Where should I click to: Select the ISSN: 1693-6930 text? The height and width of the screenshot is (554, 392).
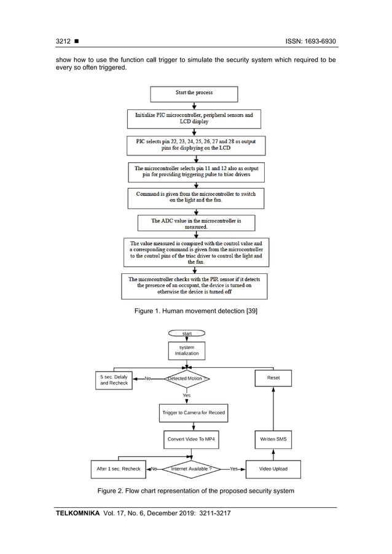coord(311,42)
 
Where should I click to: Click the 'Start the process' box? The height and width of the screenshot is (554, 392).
coord(194,93)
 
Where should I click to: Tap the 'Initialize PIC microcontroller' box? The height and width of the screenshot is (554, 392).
coord(194,118)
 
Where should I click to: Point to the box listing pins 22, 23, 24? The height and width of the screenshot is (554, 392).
coord(194,145)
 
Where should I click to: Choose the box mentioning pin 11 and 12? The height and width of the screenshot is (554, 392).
coord(194,171)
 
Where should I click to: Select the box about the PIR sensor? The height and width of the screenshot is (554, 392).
coord(194,286)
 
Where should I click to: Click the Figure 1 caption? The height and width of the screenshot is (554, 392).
coord(196,311)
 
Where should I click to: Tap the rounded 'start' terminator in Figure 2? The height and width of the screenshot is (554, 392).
coord(187,334)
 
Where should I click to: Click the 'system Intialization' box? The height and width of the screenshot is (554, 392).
coord(187,351)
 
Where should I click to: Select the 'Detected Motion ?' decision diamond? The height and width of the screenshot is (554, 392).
coord(187,378)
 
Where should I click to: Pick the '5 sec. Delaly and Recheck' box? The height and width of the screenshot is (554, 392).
coord(114,380)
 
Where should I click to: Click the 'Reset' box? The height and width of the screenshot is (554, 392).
coord(273,378)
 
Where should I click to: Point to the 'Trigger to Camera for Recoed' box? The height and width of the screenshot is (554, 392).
coord(193,413)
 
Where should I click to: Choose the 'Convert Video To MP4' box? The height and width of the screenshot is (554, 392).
coord(192,440)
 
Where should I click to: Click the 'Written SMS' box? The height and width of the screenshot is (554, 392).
coord(273,440)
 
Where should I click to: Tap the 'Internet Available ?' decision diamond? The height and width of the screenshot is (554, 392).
coord(193,469)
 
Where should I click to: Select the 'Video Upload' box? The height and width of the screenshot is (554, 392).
coord(273,469)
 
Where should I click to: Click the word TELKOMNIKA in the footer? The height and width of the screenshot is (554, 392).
coord(78,513)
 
